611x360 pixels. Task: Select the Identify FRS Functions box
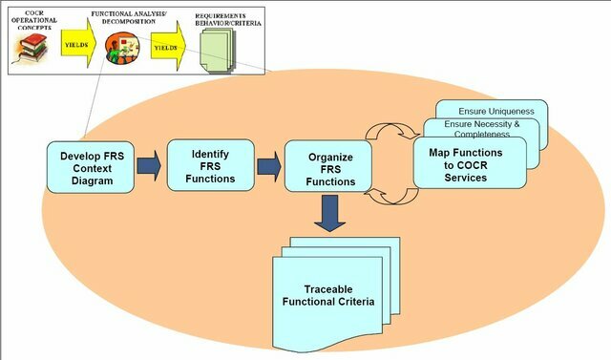point(210,163)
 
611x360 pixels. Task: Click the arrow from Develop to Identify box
point(148,167)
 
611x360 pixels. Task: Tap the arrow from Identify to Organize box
point(270,167)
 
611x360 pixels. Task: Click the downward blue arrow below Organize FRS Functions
point(331,213)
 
